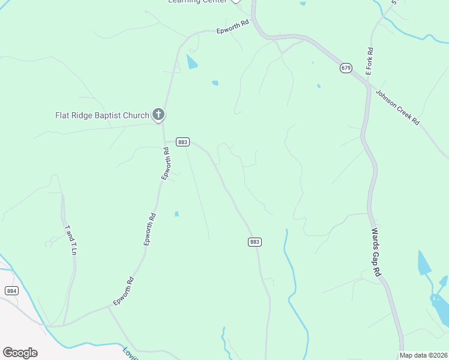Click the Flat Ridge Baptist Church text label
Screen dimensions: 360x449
(102, 115)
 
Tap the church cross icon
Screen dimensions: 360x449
(158, 114)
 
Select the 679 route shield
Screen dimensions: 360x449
(345, 68)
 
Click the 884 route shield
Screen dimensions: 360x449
(11, 290)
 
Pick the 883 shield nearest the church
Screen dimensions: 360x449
(183, 142)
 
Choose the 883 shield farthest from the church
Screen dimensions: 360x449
(255, 241)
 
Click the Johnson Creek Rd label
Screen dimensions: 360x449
(397, 107)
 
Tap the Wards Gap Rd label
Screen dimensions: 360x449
(376, 252)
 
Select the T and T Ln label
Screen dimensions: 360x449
(71, 240)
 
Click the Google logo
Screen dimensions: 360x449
(20, 352)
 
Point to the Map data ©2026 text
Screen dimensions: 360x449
(423, 355)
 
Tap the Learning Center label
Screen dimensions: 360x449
(197, 2)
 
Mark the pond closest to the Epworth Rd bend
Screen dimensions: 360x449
(191, 61)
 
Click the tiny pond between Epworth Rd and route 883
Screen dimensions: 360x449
(176, 214)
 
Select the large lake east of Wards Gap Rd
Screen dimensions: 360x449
(424, 264)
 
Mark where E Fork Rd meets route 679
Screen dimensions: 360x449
(367, 84)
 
